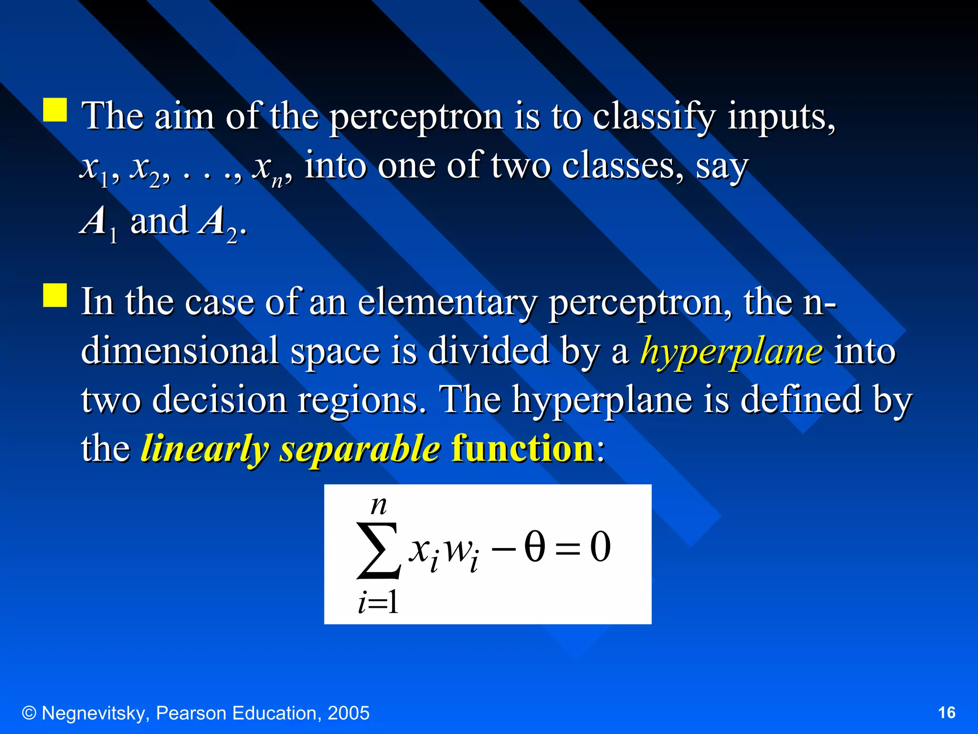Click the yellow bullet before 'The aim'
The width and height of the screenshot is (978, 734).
point(55,110)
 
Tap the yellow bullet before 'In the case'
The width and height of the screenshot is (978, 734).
point(55,295)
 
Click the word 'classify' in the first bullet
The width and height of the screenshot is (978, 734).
point(654,117)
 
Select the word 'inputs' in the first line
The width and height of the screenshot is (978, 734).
point(781,117)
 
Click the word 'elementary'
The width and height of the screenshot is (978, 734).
point(447,303)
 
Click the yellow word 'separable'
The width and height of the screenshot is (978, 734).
point(360,449)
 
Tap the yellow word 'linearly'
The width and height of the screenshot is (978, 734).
point(204,449)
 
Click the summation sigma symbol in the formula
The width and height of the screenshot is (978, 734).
point(378,550)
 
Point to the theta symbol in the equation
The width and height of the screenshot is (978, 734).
point(534,547)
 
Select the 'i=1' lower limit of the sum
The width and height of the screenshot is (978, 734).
point(378,602)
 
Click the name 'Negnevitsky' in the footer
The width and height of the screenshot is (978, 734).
point(96,713)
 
